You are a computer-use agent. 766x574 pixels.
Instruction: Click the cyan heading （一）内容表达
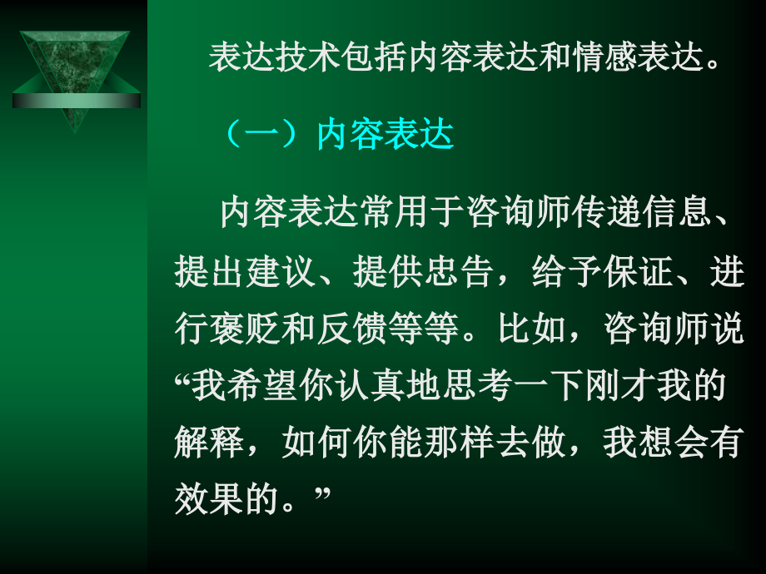[340, 136]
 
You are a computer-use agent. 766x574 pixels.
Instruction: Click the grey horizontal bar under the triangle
[76, 101]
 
